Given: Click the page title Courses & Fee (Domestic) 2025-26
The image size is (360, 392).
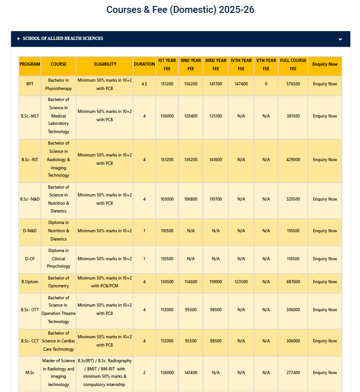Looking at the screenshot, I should pyautogui.click(x=180, y=10).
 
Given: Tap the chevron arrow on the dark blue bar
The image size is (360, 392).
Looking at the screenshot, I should pyautogui.click(x=340, y=39).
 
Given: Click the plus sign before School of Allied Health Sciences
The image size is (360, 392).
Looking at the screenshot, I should pyautogui.click(x=18, y=39).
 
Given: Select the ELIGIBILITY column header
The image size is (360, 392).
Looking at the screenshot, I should pyautogui.click(x=105, y=64).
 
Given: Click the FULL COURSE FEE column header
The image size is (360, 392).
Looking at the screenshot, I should pyautogui.click(x=293, y=65).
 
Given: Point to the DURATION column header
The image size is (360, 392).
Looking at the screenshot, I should pyautogui.click(x=144, y=64).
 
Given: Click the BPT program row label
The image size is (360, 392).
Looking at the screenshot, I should pyautogui.click(x=30, y=84).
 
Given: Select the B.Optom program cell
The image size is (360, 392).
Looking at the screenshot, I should pyautogui.click(x=30, y=282).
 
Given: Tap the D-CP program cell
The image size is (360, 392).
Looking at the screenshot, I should pyautogui.click(x=30, y=259).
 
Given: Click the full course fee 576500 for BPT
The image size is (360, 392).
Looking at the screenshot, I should pyautogui.click(x=293, y=84).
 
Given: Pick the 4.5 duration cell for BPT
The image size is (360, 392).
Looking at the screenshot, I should pyautogui.click(x=144, y=84).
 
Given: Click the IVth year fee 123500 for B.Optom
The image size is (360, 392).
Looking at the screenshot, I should pyautogui.click(x=241, y=282).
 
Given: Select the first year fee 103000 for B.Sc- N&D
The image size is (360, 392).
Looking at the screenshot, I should pyautogui.click(x=167, y=199).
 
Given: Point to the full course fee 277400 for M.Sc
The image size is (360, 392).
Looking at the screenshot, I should pyautogui.click(x=293, y=373).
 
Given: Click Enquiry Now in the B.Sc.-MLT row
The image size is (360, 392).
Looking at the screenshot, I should pyautogui.click(x=325, y=116).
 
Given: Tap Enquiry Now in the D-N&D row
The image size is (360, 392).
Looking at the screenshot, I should pyautogui.click(x=325, y=231).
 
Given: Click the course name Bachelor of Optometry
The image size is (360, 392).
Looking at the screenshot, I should pyautogui.click(x=58, y=282).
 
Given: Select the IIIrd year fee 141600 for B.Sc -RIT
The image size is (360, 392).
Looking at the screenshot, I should pyautogui.click(x=216, y=160).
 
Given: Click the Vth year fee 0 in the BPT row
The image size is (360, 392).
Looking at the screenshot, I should pyautogui.click(x=266, y=84).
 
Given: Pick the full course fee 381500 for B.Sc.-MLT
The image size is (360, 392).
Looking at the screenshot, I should pyautogui.click(x=293, y=116).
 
